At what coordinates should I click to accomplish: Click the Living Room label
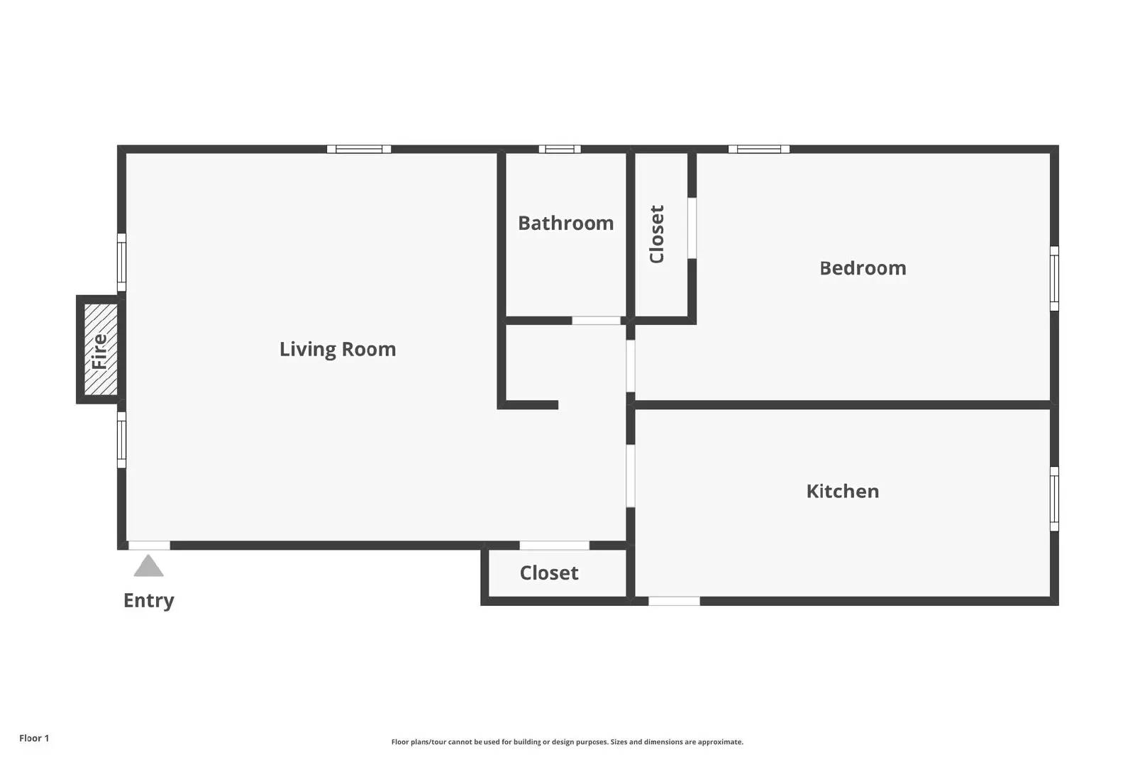[338, 350]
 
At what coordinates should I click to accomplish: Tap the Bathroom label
[565, 223]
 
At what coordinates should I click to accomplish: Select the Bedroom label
[863, 268]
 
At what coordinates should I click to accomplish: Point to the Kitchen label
[843, 492]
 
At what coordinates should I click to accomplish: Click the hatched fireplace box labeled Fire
[100, 349]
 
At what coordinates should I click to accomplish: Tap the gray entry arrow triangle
[148, 566]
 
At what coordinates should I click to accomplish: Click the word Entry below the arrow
[149, 601]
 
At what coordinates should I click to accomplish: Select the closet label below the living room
[549, 573]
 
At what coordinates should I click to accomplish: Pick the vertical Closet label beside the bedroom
[657, 234]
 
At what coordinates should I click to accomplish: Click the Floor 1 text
[34, 739]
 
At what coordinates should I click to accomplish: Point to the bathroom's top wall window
[560, 149]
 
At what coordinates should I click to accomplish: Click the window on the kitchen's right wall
[1054, 499]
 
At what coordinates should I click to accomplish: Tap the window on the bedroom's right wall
[1054, 279]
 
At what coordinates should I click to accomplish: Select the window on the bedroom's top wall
[758, 149]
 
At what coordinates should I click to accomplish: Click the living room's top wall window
[359, 149]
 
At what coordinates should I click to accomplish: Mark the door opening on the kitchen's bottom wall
[674, 601]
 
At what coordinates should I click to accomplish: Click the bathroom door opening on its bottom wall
[596, 320]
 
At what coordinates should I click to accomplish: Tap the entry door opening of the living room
[149, 545]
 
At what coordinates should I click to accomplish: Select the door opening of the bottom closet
[554, 545]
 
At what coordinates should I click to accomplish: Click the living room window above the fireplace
[121, 263]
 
